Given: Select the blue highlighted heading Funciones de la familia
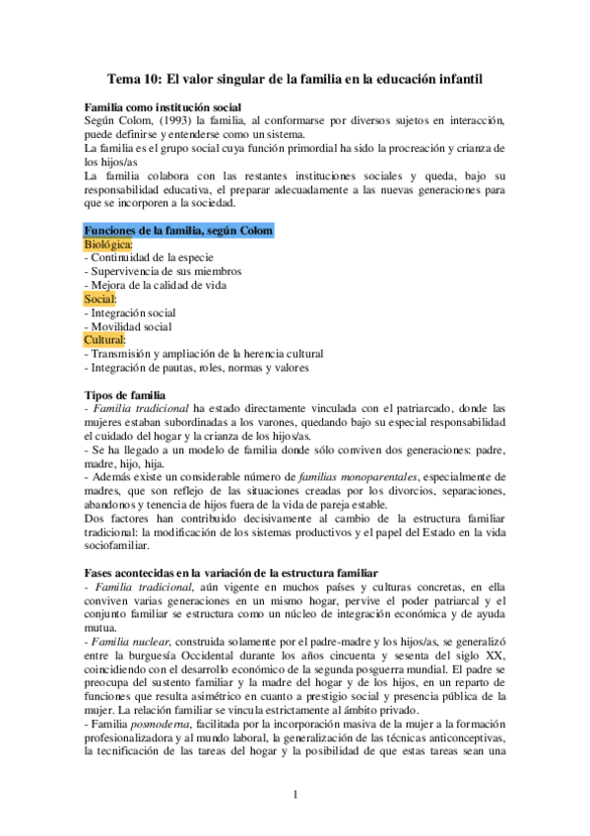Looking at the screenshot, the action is click(x=178, y=230).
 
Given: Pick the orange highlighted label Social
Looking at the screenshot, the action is click(x=100, y=299).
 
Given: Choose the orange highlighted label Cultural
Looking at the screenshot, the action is click(x=104, y=340).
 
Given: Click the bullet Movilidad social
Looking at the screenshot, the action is click(x=130, y=326).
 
